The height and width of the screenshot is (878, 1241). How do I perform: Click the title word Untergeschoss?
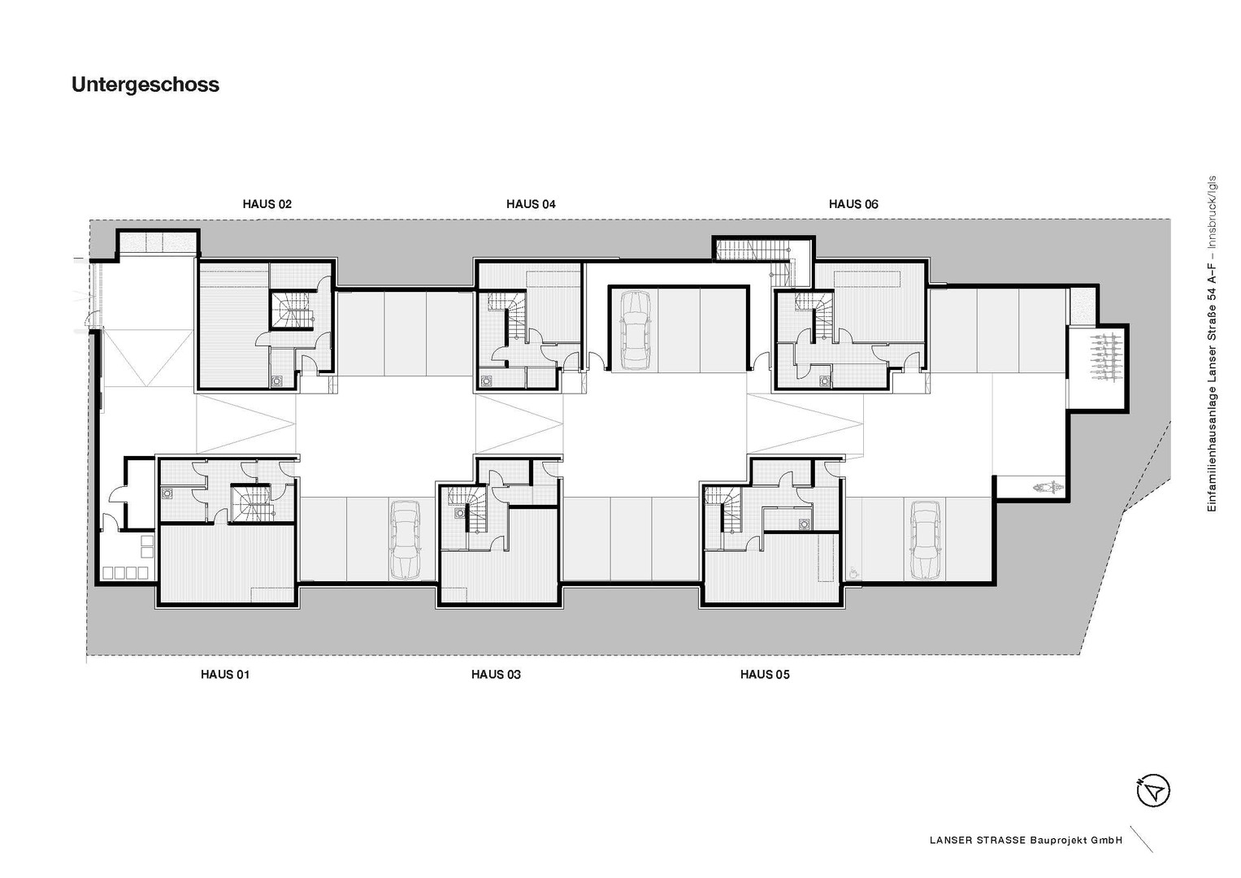pos(145,85)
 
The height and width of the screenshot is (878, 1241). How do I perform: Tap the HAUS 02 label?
pos(267,204)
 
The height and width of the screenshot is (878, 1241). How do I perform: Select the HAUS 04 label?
pos(531,204)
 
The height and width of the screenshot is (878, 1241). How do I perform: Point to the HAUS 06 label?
pos(853,204)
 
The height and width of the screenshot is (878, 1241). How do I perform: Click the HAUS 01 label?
pos(225,675)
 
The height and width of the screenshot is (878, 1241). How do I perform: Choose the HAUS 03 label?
pos(496,675)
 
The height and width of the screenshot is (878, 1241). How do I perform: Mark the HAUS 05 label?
pos(765,675)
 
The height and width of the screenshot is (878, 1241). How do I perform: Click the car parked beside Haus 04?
pos(635,331)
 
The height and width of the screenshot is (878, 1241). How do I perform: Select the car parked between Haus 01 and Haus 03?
pos(405,539)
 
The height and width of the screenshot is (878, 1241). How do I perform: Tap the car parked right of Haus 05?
pos(925,539)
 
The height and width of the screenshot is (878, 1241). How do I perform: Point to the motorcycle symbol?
pos(1048,488)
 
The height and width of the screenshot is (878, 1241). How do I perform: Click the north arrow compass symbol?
pos(1153,791)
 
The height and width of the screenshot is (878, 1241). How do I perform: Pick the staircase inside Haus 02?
pos(292,311)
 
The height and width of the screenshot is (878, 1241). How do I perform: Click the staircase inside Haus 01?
pos(251,504)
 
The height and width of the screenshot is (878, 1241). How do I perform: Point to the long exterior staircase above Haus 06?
pos(752,250)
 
